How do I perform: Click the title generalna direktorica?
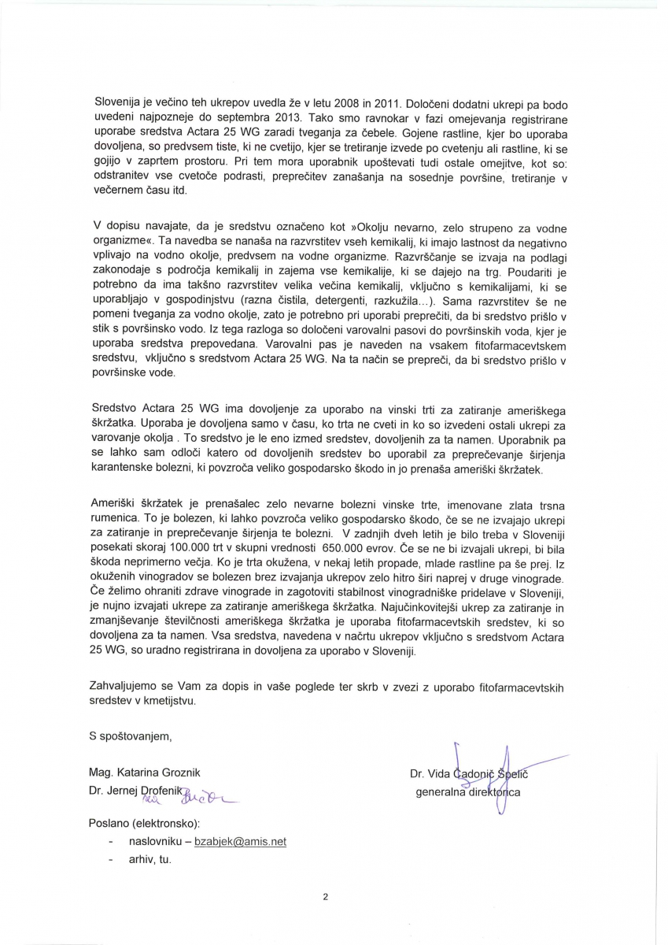coord(467,792)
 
